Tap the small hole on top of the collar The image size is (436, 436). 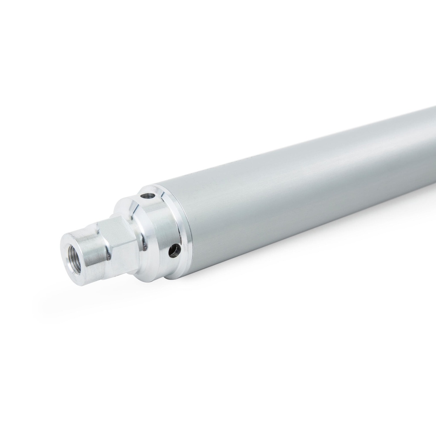pos(148,196)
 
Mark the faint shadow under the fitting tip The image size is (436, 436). pos(85,294)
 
